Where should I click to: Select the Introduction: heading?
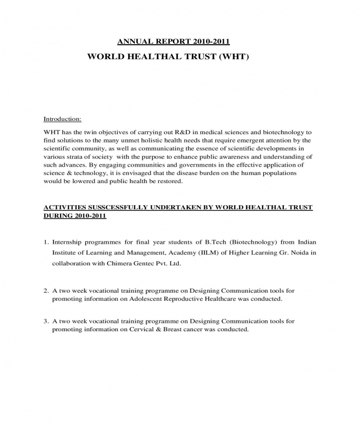[62, 119]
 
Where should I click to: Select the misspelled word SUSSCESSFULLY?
[113, 207]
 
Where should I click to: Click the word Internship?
[68, 241]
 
